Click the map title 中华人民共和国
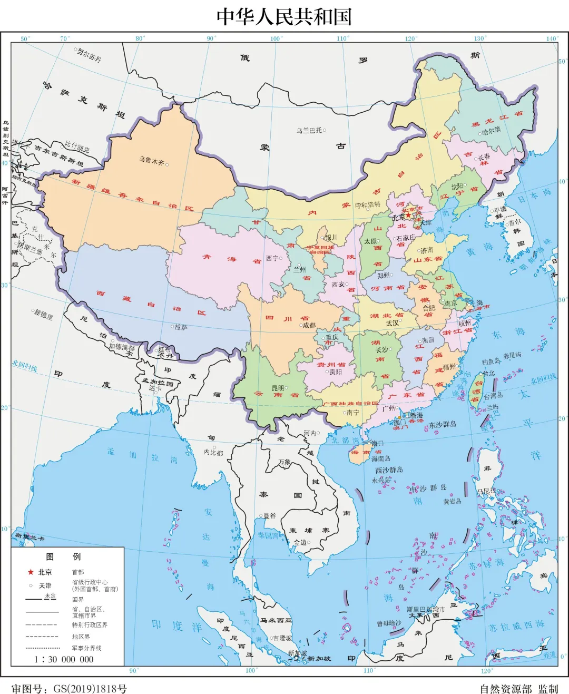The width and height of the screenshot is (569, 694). [284, 16]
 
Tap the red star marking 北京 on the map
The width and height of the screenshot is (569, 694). [408, 216]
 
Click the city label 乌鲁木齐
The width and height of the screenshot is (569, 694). [152, 161]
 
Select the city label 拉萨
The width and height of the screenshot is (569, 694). [181, 327]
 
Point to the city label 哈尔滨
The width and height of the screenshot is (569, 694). [492, 131]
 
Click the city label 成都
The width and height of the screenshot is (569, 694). [309, 325]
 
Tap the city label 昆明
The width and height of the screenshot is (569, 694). [278, 388]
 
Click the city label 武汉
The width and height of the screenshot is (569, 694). [393, 322]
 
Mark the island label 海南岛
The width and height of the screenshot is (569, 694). [380, 458]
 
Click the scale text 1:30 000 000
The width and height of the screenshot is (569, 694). [64, 659]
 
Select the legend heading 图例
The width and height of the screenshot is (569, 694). [63, 556]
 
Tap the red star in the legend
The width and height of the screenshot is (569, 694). [31, 572]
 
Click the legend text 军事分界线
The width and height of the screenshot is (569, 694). [86, 648]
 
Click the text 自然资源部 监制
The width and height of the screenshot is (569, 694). [518, 689]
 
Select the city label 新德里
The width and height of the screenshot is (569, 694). [44, 315]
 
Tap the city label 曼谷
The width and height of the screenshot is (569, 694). [270, 515]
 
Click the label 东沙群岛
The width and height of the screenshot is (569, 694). [443, 424]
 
